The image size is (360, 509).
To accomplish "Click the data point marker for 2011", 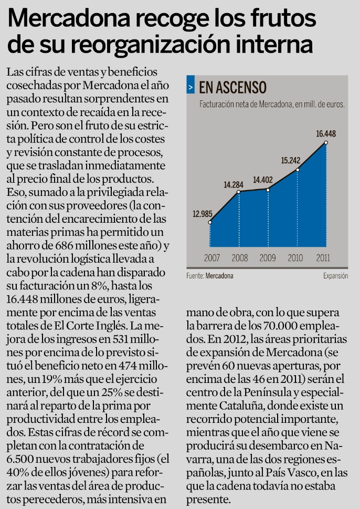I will click(x=326, y=142).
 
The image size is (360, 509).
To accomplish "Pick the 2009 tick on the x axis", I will click(x=268, y=258).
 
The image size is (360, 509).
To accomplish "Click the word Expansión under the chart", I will click(x=335, y=275).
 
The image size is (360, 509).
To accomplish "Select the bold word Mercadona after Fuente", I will click(x=219, y=275).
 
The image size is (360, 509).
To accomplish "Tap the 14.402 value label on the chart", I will click(x=262, y=180).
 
